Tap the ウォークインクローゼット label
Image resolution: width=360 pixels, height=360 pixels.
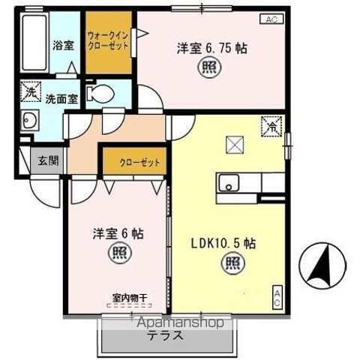point(107,40)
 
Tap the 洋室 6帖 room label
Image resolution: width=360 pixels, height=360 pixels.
point(119,233)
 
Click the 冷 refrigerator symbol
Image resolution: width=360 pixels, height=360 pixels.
point(268,127)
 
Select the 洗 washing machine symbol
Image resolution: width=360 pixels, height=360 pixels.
point(30,91)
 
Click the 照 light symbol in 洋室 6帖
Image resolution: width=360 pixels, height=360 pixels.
point(120,254)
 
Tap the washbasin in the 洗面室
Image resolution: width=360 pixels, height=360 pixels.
point(31,120)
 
